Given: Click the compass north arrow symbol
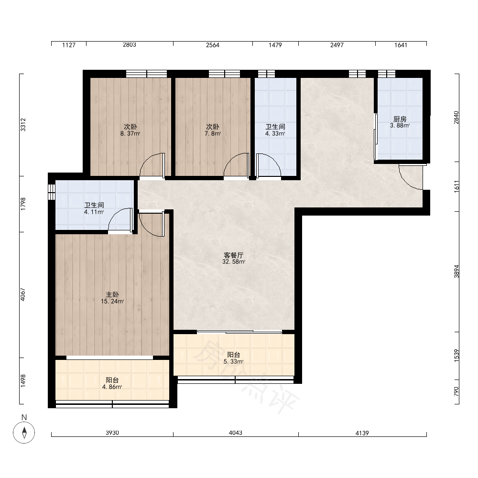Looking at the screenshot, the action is click(x=24, y=432).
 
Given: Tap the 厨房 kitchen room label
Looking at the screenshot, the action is click(x=400, y=119).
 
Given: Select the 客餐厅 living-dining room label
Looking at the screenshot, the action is click(x=234, y=255).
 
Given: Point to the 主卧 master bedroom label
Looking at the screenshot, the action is click(x=112, y=295).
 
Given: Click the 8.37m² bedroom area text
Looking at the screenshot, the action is click(x=130, y=133).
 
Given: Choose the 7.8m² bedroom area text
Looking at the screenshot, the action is click(x=213, y=133).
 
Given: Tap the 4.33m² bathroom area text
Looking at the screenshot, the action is click(x=275, y=133).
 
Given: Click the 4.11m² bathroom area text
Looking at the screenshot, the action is click(x=94, y=212).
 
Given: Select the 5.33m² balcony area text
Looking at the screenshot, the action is click(x=234, y=361).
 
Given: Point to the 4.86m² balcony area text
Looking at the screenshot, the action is click(x=112, y=387).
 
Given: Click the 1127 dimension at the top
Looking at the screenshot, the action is click(x=68, y=45).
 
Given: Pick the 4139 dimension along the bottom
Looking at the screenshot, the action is click(x=362, y=433).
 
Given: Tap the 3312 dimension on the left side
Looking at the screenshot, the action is click(x=23, y=125).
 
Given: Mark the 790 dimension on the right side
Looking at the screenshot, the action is click(x=456, y=391).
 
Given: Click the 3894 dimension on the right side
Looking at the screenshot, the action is click(x=456, y=272).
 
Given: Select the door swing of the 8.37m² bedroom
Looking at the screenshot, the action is click(x=152, y=165).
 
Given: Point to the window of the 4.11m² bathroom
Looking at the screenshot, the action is click(x=52, y=192).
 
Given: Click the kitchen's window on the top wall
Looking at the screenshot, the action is click(x=387, y=74).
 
